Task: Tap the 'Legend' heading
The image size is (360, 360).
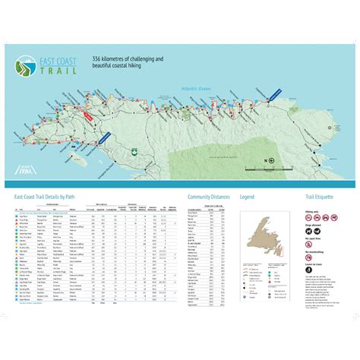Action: pyautogui.click(x=247, y=196)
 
